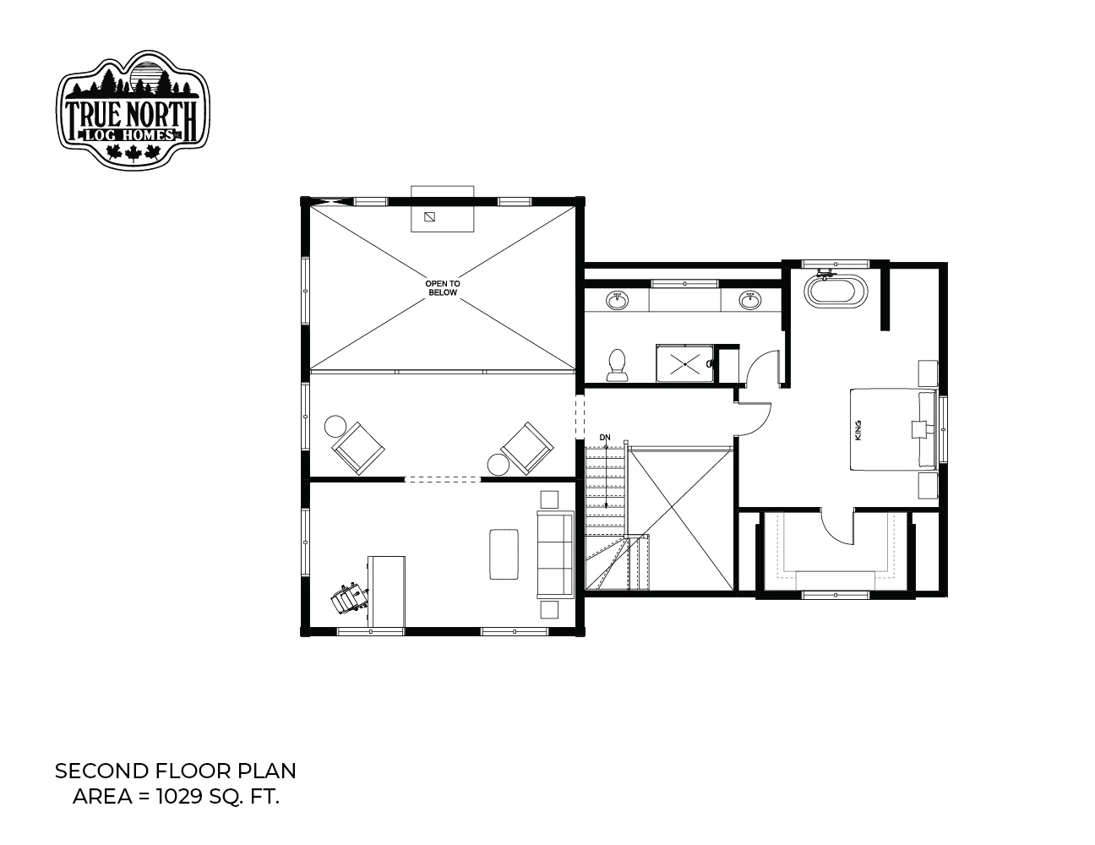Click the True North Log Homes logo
133,109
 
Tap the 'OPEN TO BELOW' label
443,288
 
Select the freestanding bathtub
836,289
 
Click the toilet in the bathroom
617,365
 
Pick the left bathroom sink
617,300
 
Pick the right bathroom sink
749,300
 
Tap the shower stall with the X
685,363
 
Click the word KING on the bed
858,430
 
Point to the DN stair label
605,438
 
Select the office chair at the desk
349,598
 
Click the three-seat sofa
555,554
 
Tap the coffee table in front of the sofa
504,553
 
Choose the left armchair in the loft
357,448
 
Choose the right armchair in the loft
526,448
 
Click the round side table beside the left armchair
335,426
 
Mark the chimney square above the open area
429,217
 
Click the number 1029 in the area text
178,797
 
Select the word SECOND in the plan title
101,771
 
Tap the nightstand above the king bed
928,373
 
